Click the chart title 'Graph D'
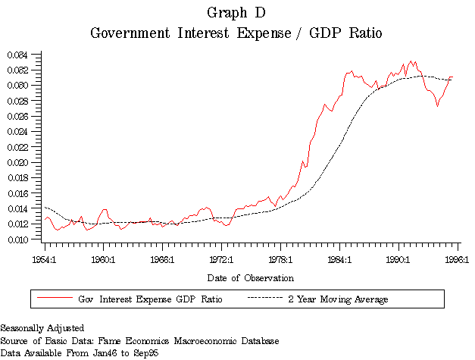point(236,13)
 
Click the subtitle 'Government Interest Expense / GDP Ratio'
point(236,33)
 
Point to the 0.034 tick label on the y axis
point(17,55)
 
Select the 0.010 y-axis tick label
point(17,239)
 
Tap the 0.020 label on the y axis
point(17,162)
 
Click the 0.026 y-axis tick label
point(17,116)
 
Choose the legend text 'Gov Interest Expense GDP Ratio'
point(150,299)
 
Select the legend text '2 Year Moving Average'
point(338,299)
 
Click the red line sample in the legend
point(53,299)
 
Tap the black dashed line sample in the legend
point(265,299)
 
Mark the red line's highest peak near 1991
point(411,61)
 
